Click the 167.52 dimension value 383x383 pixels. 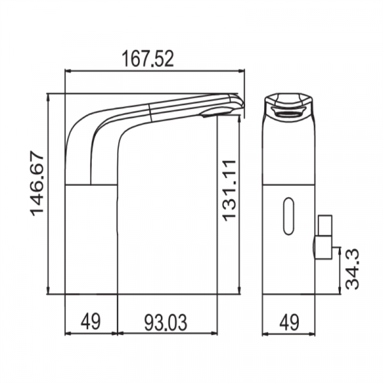[148, 59]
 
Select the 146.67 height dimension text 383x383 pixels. [37, 184]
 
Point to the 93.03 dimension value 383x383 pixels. [165, 322]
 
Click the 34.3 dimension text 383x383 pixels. [352, 269]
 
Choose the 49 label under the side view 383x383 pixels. [91, 322]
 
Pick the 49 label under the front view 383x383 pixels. [289, 322]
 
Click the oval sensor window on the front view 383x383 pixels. [289, 216]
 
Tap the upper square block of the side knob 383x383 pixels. [325, 225]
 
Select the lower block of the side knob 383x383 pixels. [323, 248]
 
